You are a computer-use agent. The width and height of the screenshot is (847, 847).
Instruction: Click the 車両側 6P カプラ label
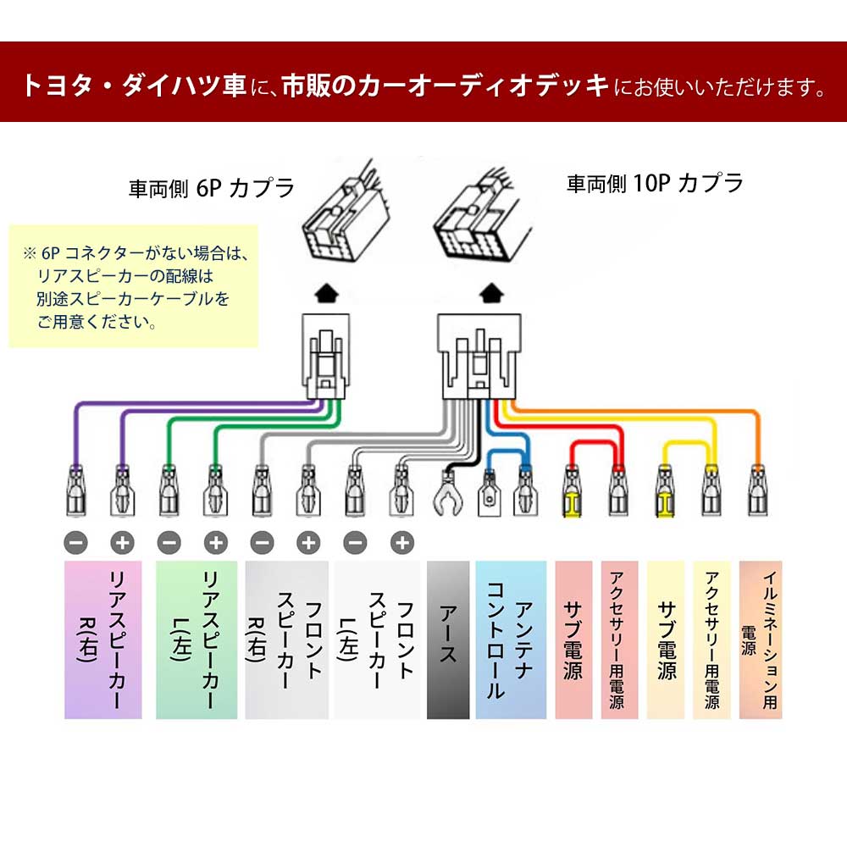[x=211, y=187]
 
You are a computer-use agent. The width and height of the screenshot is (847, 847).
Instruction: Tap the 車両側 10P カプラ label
[x=655, y=182]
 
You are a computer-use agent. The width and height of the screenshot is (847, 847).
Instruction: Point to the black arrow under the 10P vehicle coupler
[x=490, y=294]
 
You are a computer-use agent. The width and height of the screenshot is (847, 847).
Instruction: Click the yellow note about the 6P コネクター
[x=133, y=286]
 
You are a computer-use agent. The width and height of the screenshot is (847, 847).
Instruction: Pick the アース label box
[x=448, y=639]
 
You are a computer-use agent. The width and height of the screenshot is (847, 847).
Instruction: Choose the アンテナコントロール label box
[x=511, y=639]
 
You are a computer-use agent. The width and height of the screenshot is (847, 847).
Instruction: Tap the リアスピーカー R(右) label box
[x=103, y=639]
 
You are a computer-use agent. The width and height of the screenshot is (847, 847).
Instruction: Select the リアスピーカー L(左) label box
[x=196, y=639]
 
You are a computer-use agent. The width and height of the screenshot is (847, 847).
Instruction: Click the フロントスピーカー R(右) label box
[x=287, y=639]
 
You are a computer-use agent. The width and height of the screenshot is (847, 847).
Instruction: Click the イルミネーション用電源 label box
[x=761, y=639]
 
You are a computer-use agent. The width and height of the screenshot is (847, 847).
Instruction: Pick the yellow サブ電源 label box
[x=666, y=639]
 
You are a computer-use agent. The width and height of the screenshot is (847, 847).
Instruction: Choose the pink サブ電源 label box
[x=573, y=639]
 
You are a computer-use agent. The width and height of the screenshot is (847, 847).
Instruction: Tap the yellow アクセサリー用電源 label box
[x=711, y=639]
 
